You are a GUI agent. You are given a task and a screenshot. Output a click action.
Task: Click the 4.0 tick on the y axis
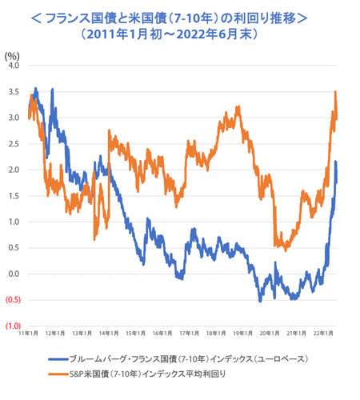(13, 66)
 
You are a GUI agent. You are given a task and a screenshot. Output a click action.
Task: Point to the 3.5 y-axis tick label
(13, 92)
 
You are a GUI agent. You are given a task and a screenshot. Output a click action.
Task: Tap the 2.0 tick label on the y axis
(13, 170)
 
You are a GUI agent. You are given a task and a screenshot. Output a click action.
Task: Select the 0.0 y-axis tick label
(13, 274)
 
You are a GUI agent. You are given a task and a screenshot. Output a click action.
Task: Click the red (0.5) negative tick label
(12, 300)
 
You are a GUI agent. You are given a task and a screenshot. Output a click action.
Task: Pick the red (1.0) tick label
(12, 326)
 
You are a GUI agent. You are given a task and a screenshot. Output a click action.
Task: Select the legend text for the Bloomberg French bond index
(188, 360)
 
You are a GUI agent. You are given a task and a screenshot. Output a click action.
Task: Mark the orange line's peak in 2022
(335, 93)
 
